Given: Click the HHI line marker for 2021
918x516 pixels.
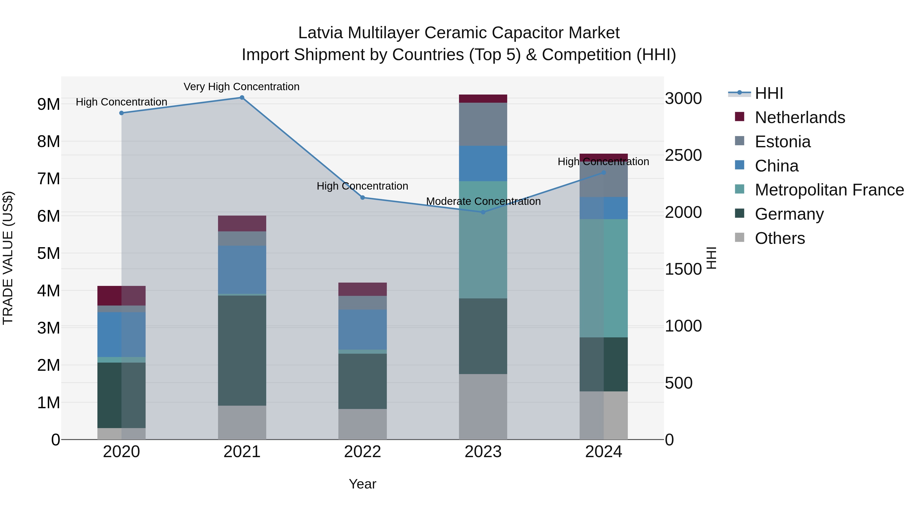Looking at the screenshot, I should click(242, 98).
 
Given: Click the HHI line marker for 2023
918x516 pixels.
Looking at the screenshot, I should click(483, 212).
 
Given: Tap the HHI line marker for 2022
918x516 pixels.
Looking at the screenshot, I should click(362, 198).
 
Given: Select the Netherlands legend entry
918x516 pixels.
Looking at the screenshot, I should click(800, 117).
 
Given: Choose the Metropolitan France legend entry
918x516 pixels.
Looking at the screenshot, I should click(829, 190).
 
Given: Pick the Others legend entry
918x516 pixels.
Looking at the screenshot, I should click(780, 238).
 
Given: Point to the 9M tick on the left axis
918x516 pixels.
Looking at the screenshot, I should click(48, 104).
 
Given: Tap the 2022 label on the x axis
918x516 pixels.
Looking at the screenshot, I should click(362, 452).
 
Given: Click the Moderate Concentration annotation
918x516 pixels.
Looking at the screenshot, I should click(483, 201).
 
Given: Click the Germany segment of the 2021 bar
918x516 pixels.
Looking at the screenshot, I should click(242, 351).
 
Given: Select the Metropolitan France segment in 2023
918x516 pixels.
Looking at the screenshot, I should click(483, 240).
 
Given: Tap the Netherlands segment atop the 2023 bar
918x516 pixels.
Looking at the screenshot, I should click(483, 99).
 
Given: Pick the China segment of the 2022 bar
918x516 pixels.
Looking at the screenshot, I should click(362, 329).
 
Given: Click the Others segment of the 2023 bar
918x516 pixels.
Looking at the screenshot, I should click(483, 407).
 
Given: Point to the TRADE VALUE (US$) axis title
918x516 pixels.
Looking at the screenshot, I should click(8, 258).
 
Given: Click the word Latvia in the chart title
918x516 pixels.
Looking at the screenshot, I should click(320, 33).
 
